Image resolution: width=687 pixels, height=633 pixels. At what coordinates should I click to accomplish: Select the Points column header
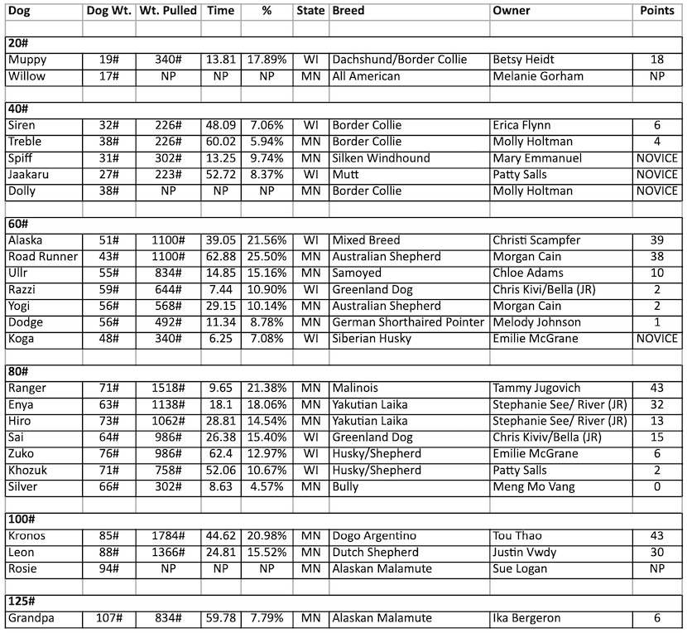pyautogui.click(x=658, y=12)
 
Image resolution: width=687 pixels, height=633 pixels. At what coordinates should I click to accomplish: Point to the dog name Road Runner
pyautogui.click(x=42, y=257)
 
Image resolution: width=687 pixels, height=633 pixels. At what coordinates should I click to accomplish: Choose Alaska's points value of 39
pyautogui.click(x=658, y=241)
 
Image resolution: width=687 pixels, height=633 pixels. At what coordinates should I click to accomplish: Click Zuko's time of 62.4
pyautogui.click(x=221, y=454)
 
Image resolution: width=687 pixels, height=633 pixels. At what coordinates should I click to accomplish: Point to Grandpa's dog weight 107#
pyautogui.click(x=107, y=618)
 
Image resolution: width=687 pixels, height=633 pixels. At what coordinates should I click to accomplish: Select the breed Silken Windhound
pyautogui.click(x=382, y=158)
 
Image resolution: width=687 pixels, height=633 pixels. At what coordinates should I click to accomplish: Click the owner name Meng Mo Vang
pyautogui.click(x=534, y=487)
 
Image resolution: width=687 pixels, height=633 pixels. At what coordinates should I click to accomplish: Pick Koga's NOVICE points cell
pyautogui.click(x=658, y=339)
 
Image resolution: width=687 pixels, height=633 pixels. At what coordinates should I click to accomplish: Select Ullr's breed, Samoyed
pyautogui.click(x=358, y=273)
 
